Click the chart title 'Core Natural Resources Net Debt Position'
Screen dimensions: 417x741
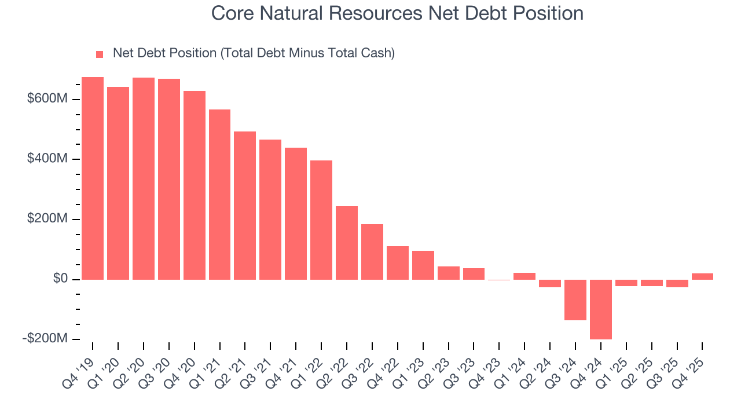[x=397, y=13]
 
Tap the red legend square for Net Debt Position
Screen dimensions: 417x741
[x=100, y=54]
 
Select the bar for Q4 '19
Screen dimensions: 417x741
[x=93, y=178]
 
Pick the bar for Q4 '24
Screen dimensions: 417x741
[x=601, y=309]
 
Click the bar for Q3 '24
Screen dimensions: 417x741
[x=575, y=300]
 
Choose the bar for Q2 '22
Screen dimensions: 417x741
[x=347, y=243]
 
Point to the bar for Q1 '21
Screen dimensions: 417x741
[x=219, y=195]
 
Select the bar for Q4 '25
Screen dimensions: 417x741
[x=702, y=277]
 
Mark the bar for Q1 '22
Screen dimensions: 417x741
[x=321, y=220]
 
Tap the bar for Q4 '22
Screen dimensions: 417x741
[x=398, y=263]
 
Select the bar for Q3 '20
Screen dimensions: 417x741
[x=169, y=179]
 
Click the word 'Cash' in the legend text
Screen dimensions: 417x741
[x=375, y=53]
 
